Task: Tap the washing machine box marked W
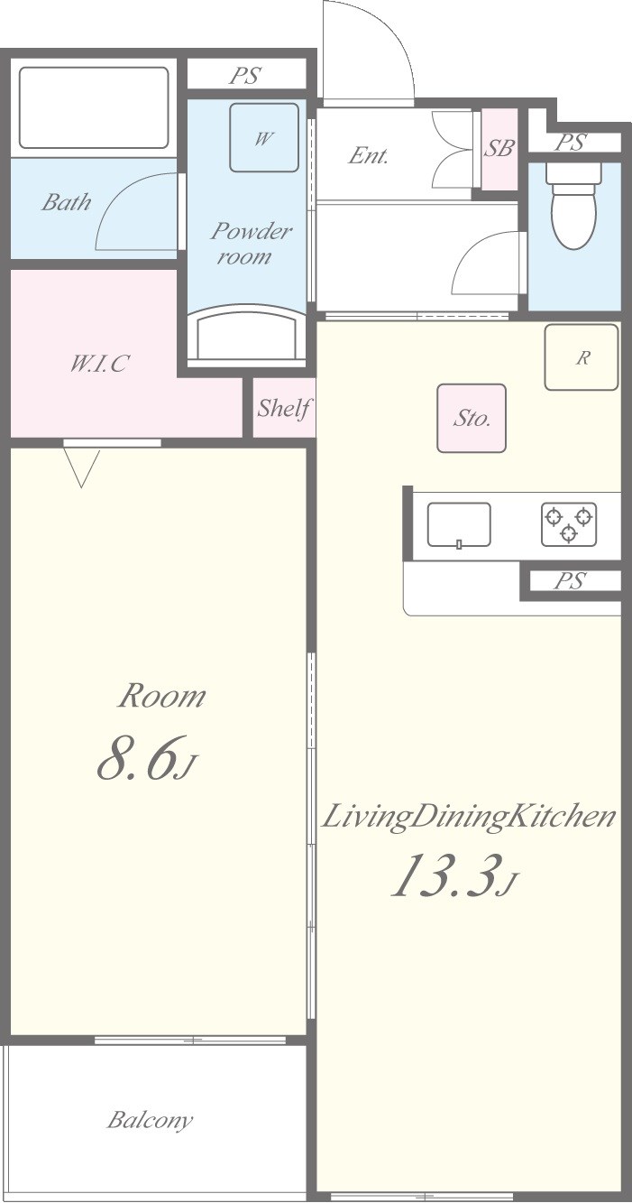coord(264,137)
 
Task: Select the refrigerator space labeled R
coord(581,357)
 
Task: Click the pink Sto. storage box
coord(472,418)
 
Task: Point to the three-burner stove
coord(569,524)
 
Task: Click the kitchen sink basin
coord(459,524)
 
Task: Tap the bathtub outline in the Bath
coord(94,107)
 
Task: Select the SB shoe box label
coord(499,148)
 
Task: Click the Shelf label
coord(284,408)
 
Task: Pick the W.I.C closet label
coord(98,364)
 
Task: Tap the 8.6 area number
coord(137,758)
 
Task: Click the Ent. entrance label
coord(368,156)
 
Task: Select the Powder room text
coord(250,244)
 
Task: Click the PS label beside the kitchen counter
coord(570,580)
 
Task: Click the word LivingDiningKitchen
coord(468,818)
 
